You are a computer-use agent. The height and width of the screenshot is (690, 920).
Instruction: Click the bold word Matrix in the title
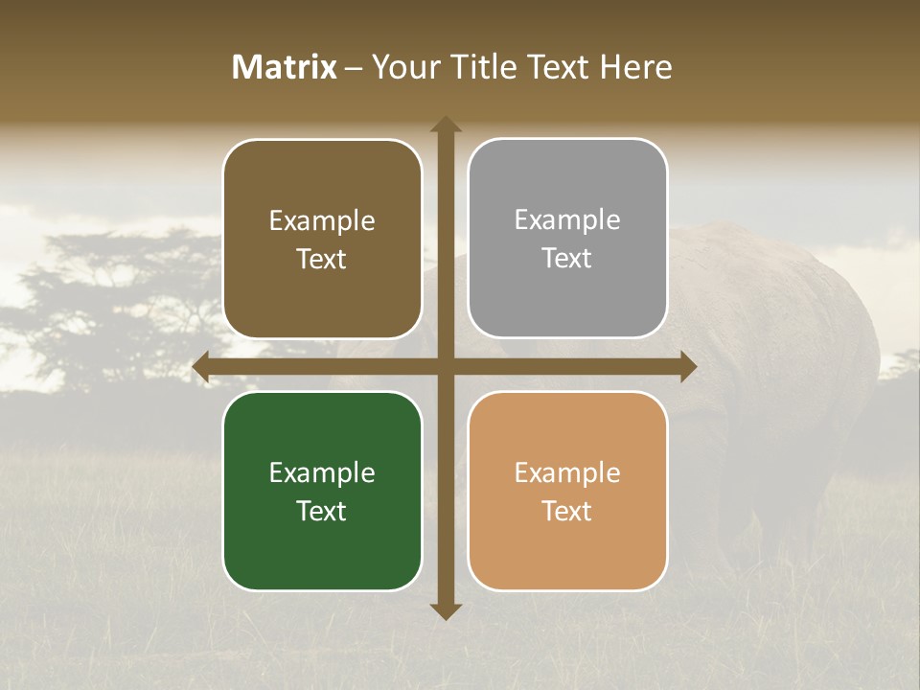(285, 67)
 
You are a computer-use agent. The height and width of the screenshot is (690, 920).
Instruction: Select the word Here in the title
(636, 67)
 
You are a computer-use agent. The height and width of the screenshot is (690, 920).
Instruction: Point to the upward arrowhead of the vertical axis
(446, 125)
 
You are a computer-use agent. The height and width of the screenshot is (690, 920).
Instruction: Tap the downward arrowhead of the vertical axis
(446, 610)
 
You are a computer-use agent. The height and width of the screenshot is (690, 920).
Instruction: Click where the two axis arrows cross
(446, 367)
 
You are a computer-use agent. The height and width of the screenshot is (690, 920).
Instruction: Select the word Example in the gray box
(567, 220)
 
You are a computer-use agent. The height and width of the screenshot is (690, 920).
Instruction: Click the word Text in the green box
(322, 511)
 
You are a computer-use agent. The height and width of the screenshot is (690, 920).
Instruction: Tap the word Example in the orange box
(567, 472)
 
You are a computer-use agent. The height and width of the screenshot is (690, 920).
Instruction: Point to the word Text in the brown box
(322, 259)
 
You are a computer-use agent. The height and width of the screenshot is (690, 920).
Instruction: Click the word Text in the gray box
(567, 259)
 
